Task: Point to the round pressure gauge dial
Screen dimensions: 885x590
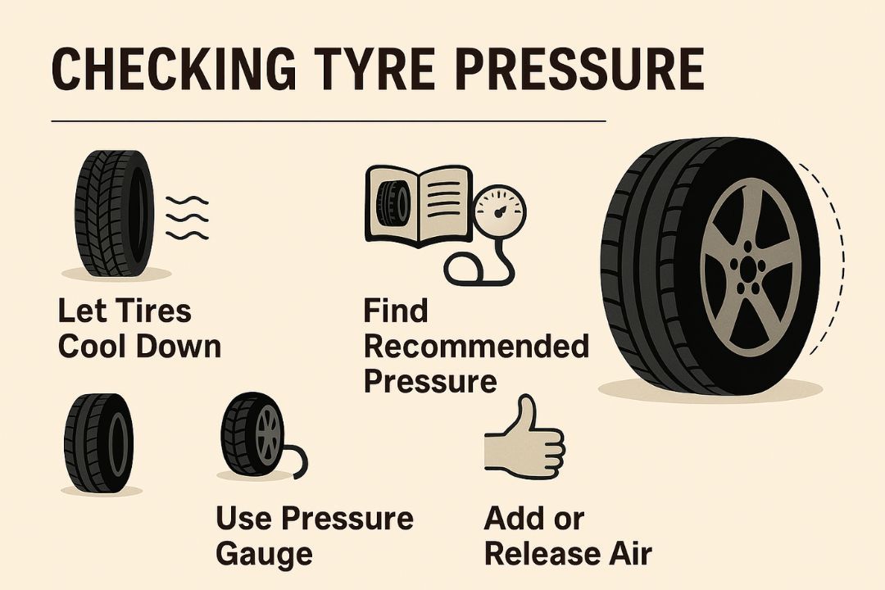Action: [499, 212]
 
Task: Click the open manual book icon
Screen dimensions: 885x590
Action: [419, 206]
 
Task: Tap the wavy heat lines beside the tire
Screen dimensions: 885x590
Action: [187, 217]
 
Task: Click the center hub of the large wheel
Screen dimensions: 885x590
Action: [748, 269]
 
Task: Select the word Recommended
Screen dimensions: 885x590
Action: [476, 346]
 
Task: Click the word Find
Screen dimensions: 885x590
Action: [396, 311]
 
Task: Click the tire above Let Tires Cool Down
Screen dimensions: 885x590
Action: [115, 213]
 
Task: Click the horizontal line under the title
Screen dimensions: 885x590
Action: [329, 120]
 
